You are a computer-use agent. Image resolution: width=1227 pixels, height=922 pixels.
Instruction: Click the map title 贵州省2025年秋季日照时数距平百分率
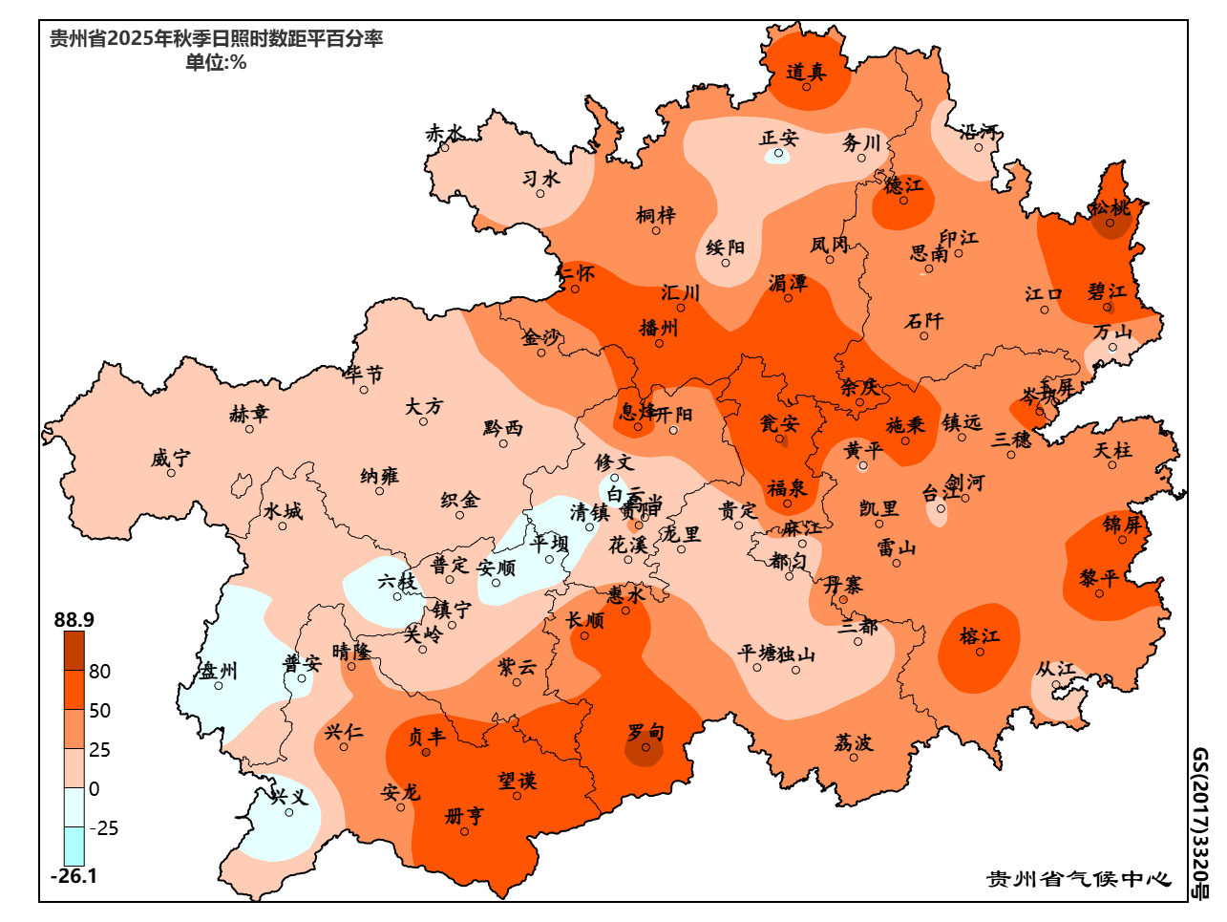pyautogui.click(x=217, y=39)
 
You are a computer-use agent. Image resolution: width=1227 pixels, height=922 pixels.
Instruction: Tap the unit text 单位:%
pyautogui.click(x=216, y=63)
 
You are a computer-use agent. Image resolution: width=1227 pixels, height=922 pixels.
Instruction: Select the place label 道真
pyautogui.click(x=806, y=72)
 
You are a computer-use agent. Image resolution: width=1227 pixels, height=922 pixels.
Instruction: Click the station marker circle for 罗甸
pyautogui.click(x=645, y=748)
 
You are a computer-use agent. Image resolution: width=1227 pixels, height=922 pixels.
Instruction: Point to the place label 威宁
pyautogui.click(x=170, y=459)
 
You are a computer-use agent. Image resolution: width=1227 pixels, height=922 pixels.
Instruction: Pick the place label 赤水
pyautogui.click(x=445, y=134)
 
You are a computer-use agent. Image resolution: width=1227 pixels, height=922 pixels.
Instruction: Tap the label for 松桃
pyautogui.click(x=1111, y=207)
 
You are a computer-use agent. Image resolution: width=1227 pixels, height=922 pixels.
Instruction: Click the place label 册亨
pyautogui.click(x=465, y=816)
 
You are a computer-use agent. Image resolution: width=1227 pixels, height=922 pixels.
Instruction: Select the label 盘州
pyautogui.click(x=219, y=671)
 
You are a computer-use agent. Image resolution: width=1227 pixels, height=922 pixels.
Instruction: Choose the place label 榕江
pyautogui.click(x=980, y=636)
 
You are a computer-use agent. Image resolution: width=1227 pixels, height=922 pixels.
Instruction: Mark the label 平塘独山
pyautogui.click(x=776, y=654)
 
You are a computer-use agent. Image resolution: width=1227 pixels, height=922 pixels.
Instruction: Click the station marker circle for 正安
pyautogui.click(x=779, y=153)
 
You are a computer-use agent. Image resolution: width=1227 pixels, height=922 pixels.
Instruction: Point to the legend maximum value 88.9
pyautogui.click(x=74, y=620)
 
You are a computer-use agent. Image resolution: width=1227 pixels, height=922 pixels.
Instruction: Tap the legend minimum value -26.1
pyautogui.click(x=74, y=876)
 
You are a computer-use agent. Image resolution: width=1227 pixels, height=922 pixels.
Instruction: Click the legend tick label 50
pyautogui.click(x=99, y=711)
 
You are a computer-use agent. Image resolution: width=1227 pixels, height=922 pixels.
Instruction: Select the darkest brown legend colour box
pyautogui.click(x=74, y=651)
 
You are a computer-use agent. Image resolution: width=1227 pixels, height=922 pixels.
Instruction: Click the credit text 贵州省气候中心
pyautogui.click(x=1079, y=878)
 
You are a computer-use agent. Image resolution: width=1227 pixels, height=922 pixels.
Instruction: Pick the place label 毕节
pyautogui.click(x=364, y=375)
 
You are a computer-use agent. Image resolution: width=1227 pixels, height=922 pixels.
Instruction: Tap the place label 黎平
pyautogui.click(x=1099, y=579)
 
